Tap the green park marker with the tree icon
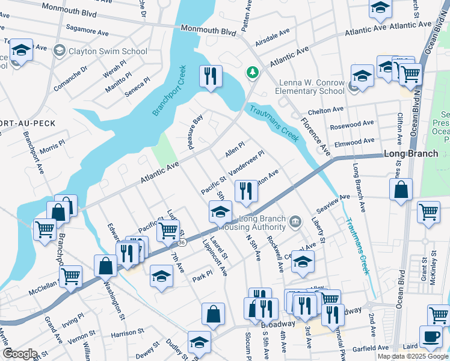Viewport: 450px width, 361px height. [252, 73]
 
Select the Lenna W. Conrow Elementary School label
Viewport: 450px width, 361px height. [312, 87]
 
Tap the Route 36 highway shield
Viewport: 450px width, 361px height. [182, 241]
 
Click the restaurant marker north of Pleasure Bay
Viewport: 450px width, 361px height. [210, 76]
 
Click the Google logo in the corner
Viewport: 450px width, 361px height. [19, 354]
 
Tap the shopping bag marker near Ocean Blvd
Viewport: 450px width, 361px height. [401, 190]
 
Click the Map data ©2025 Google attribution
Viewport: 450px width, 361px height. [413, 356]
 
